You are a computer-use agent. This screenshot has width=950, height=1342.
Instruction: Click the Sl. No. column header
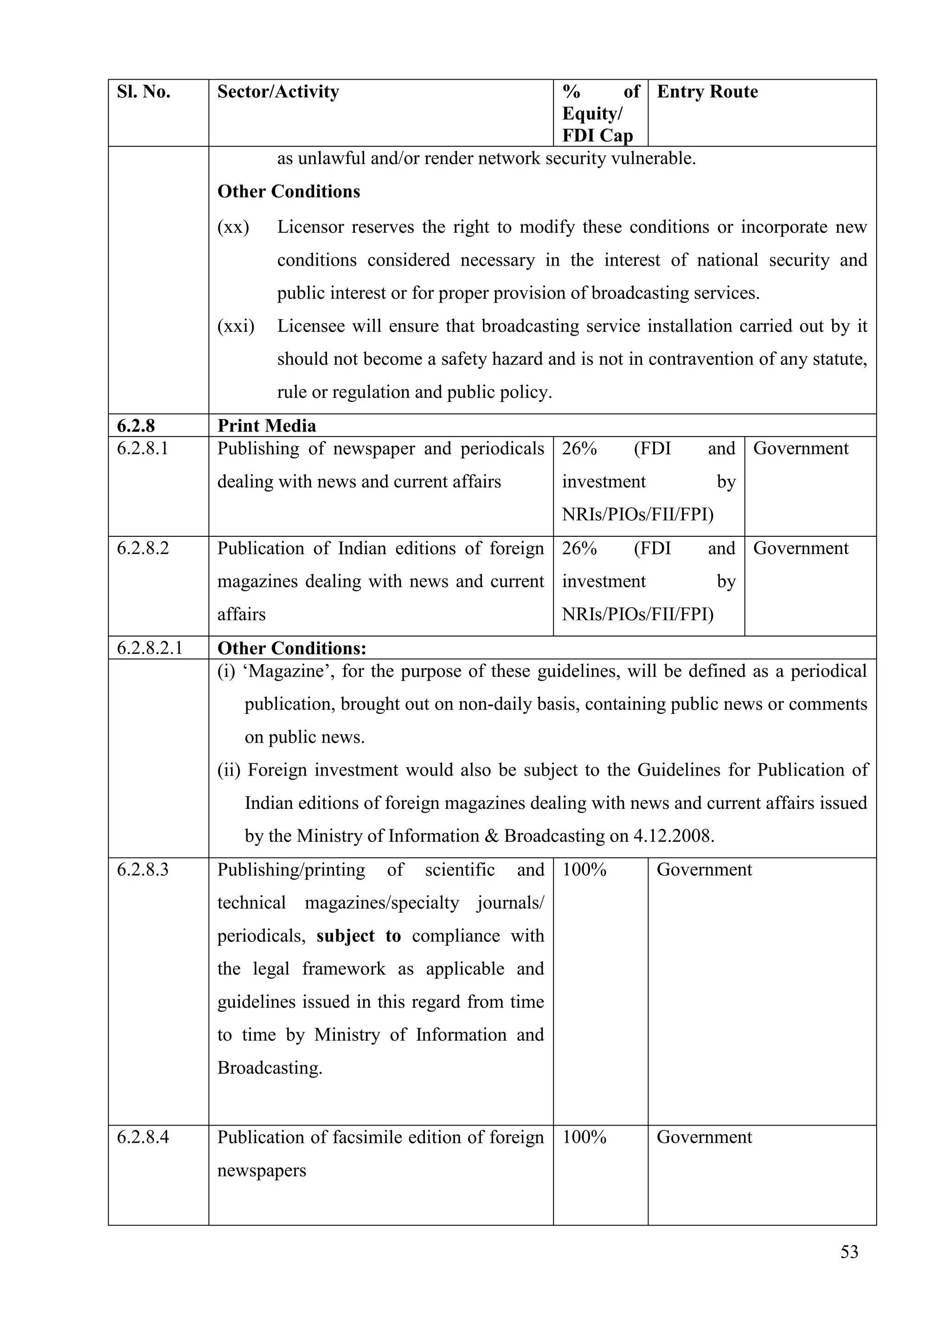(143, 92)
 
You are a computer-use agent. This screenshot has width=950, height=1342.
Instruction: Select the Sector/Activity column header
(278, 92)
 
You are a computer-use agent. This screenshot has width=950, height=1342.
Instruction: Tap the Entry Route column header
(707, 92)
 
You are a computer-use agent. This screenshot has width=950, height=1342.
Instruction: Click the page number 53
(849, 1252)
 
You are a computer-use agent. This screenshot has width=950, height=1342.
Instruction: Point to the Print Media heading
(266, 426)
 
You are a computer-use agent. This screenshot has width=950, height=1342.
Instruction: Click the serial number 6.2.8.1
(143, 448)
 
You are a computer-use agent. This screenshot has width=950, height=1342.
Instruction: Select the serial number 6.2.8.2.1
(150, 648)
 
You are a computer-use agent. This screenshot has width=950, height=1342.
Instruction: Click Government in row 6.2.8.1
(800, 448)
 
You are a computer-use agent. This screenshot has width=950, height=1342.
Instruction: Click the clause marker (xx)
(233, 227)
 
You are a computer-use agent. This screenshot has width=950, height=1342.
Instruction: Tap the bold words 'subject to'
(359, 936)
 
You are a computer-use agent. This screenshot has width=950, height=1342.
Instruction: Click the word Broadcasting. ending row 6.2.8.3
(270, 1068)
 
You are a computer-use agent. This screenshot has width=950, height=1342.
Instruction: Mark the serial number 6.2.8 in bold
(136, 426)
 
